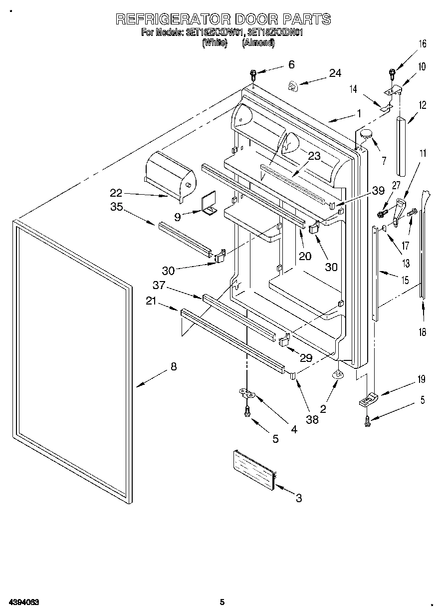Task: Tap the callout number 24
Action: (x=335, y=73)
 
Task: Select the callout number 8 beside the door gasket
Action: (x=173, y=366)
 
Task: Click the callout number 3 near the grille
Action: (x=299, y=498)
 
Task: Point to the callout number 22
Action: (x=116, y=193)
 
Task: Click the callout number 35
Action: (x=116, y=208)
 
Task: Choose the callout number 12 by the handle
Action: (x=422, y=105)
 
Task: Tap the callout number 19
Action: (x=422, y=379)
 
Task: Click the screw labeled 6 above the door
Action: (x=253, y=75)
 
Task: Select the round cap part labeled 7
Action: (x=367, y=133)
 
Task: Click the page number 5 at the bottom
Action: (x=222, y=603)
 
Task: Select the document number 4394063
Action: (x=24, y=603)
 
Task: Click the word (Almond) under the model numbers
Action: (x=258, y=43)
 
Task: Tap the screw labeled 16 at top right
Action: (x=392, y=73)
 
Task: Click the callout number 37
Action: (x=159, y=285)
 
